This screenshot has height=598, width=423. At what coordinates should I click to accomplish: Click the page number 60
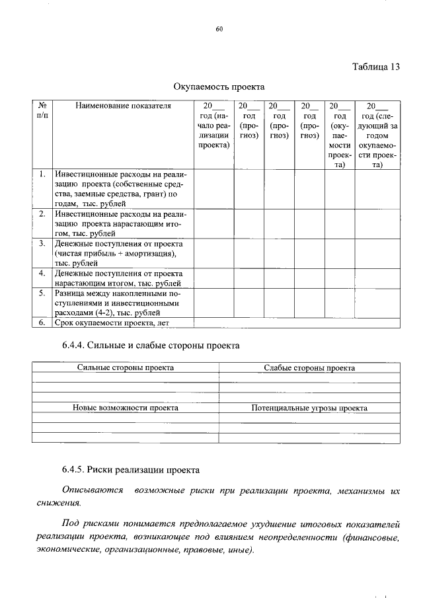(219, 28)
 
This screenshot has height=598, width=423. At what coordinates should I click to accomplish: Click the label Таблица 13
(376, 67)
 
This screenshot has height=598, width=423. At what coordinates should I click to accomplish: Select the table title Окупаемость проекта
(219, 87)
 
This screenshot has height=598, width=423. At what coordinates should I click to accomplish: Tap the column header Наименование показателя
(123, 106)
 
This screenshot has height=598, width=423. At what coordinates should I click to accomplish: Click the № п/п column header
(42, 110)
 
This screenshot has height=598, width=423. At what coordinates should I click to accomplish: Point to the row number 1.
(42, 174)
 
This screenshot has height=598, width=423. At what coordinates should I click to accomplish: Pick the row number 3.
(42, 243)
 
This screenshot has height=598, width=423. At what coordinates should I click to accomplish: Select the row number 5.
(42, 293)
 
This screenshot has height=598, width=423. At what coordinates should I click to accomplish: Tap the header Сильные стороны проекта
(126, 367)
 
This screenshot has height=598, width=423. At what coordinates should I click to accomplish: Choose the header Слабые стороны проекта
(309, 367)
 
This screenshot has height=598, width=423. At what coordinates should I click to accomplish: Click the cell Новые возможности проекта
(126, 408)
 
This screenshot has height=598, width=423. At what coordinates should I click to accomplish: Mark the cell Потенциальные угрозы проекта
(309, 408)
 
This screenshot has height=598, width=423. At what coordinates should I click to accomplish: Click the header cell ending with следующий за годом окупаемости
(377, 135)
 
